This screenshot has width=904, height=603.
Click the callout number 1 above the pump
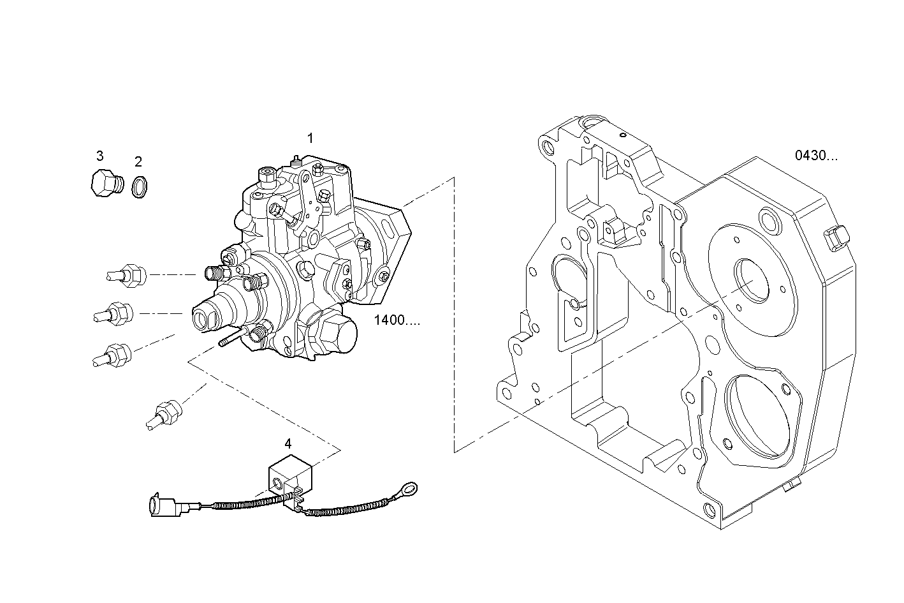pos(310,138)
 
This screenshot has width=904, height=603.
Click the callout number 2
pos(138,162)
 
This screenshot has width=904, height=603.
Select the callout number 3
pos(100,156)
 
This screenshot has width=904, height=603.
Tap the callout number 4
pos(288,443)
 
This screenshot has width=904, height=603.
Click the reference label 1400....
pos(397,320)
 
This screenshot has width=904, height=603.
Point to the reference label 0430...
pos(815,156)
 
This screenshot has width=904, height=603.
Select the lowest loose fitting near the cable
pos(163,412)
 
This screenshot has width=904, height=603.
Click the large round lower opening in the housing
pos(759,415)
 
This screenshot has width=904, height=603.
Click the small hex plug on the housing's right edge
pos(836,237)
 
